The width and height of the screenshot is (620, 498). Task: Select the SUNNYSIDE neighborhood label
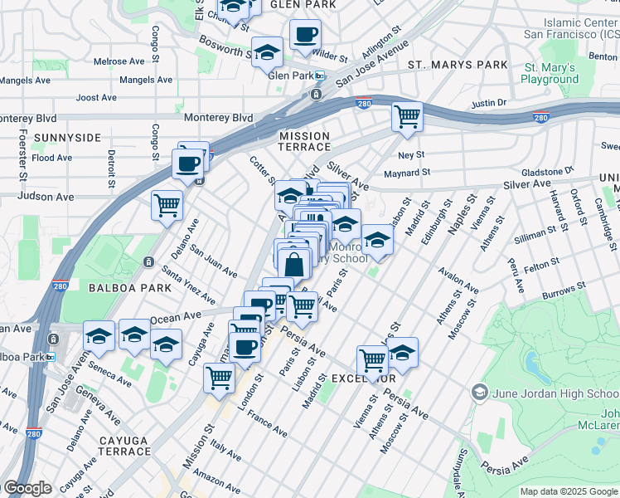point(67,137)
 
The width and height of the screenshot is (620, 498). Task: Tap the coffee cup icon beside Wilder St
point(305,35)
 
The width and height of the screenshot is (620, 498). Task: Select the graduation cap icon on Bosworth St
point(267,53)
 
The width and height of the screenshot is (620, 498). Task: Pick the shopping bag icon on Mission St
point(293,265)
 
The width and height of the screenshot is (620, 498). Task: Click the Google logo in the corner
point(27,488)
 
